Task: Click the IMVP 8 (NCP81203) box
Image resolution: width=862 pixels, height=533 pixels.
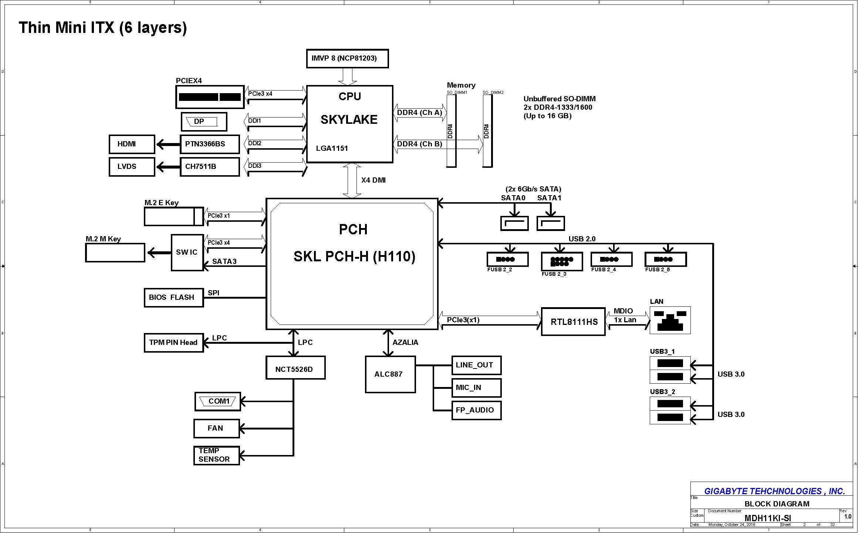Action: pyautogui.click(x=347, y=58)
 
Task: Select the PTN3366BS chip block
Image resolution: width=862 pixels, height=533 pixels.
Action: pyautogui.click(x=210, y=144)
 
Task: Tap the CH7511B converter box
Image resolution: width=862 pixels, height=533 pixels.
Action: pyautogui.click(x=210, y=167)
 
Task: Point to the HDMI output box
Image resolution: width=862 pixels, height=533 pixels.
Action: pyautogui.click(x=132, y=144)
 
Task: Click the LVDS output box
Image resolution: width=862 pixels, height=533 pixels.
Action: pyautogui.click(x=132, y=167)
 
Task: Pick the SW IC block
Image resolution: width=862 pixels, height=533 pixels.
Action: pyautogui.click(x=187, y=252)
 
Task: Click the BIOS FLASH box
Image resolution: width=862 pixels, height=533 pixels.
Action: pyautogui.click(x=174, y=298)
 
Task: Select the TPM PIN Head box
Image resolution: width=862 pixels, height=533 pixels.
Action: pyautogui.click(x=174, y=343)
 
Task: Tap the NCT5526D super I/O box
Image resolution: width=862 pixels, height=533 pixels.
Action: pyautogui.click(x=295, y=368)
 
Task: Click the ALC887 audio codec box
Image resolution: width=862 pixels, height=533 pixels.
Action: pyautogui.click(x=390, y=374)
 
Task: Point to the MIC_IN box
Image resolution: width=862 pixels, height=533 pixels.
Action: pyautogui.click(x=476, y=388)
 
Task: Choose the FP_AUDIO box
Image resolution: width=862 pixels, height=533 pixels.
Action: pyautogui.click(x=476, y=410)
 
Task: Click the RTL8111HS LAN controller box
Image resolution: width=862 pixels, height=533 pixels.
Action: pyautogui.click(x=573, y=322)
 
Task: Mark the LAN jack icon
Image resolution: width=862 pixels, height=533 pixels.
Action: pyautogui.click(x=670, y=320)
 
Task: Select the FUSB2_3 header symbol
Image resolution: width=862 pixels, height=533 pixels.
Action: pyautogui.click(x=562, y=261)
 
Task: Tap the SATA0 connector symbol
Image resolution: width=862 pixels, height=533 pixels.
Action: pyautogui.click(x=514, y=224)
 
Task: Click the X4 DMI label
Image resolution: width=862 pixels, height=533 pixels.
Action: pyautogui.click(x=373, y=180)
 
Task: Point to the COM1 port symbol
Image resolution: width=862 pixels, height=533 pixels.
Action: pyautogui.click(x=218, y=401)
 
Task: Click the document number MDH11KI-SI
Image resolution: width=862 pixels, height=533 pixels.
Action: pyautogui.click(x=768, y=518)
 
